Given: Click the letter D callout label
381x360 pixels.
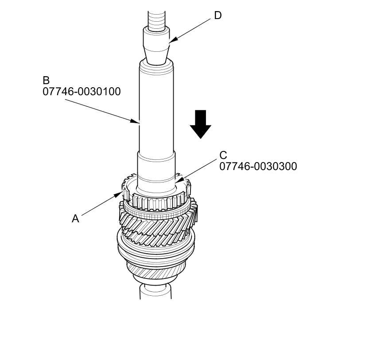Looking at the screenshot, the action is point(218,15).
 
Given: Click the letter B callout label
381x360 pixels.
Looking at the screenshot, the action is point(46,81).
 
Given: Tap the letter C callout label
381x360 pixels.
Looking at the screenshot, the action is point(223,155).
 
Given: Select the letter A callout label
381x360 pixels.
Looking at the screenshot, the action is point(75,218).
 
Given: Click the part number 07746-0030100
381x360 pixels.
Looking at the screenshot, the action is point(82,92).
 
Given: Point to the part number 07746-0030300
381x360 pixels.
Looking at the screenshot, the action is point(258,166).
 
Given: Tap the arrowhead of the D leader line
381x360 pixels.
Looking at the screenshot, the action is point(171,42).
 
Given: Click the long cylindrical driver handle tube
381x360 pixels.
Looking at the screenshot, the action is point(156,106).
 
